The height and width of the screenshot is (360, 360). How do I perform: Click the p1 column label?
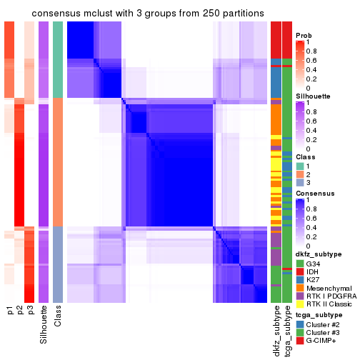click(x=10, y=311)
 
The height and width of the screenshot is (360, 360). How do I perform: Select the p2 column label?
click(x=21, y=311)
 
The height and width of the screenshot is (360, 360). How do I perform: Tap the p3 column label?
click(x=31, y=311)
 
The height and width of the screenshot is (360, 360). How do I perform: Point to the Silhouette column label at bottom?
click(x=44, y=324)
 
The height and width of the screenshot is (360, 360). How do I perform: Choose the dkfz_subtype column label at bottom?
click(x=276, y=330)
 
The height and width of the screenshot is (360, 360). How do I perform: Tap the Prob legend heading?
click(x=304, y=36)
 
